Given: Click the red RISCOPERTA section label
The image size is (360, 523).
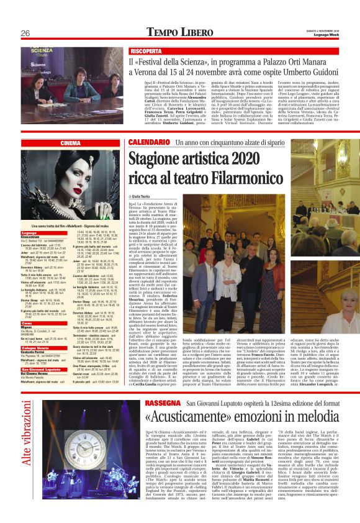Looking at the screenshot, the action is click(146, 50).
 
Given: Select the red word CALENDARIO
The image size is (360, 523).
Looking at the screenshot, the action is click(148, 143).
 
